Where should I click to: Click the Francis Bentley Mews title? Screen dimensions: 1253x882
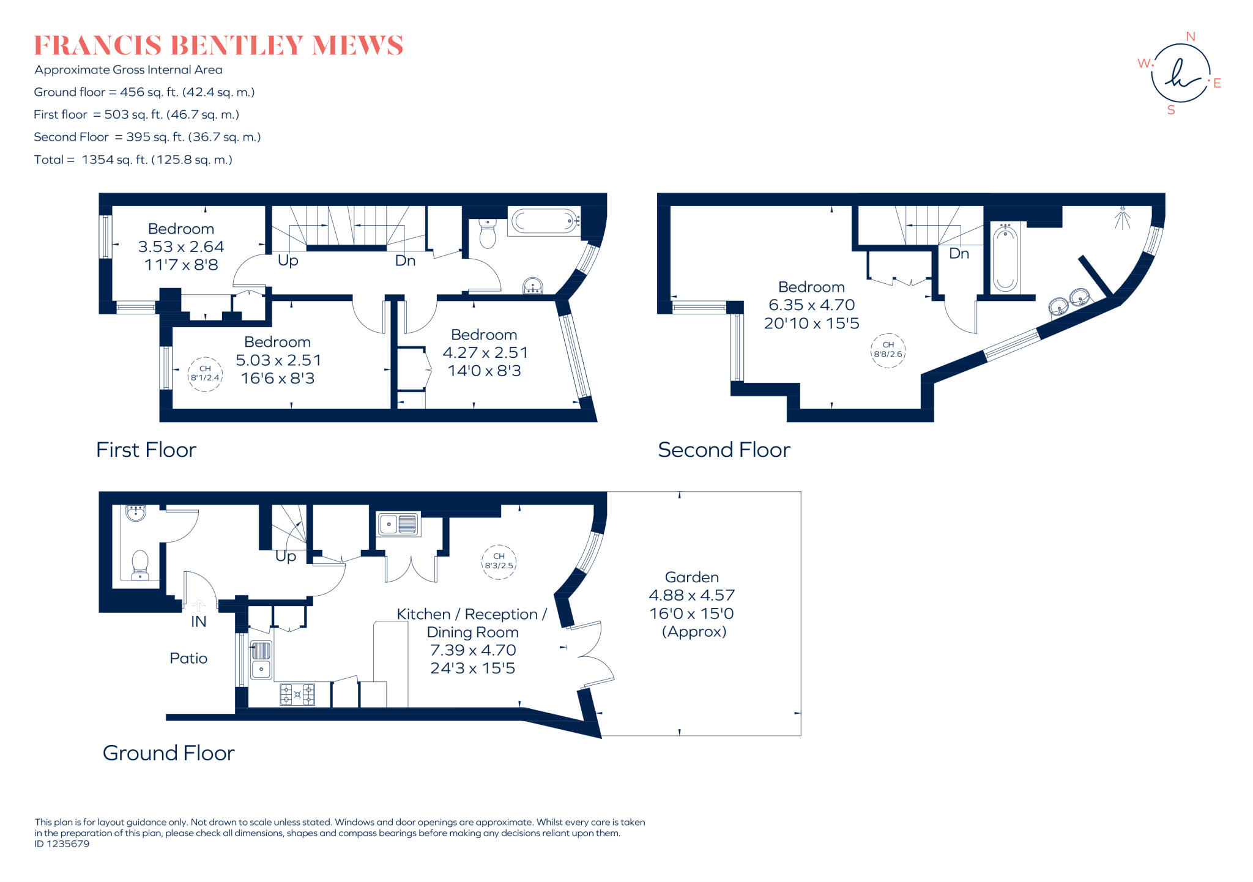coord(218,46)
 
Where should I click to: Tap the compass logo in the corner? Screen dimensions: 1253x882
coord(1180,73)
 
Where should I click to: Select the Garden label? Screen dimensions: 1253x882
coord(691,577)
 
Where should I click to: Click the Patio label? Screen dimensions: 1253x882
coord(188,658)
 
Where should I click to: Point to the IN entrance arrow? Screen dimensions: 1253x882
coord(199,606)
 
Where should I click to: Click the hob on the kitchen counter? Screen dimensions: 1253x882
coord(297,695)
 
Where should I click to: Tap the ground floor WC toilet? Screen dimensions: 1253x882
coord(140,564)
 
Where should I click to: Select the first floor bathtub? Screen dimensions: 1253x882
coord(543,221)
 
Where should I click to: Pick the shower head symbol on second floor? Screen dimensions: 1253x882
coord(1122,218)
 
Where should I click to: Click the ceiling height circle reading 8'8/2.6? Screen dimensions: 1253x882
coord(888,350)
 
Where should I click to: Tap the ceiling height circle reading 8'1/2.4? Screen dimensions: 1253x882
coord(205,374)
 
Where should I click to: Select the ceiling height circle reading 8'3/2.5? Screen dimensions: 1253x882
coord(499,561)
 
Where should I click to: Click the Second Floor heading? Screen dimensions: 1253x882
coord(724,450)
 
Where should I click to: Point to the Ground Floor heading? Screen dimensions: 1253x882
coord(168,753)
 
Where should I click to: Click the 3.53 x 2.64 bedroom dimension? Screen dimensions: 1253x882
coord(181,246)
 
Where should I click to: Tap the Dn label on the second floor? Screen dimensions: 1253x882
coord(959,253)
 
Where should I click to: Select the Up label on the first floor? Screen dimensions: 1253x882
coord(288,261)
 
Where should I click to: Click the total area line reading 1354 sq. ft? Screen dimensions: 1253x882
coord(133,160)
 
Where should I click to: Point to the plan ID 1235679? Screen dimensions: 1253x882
coord(62,844)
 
